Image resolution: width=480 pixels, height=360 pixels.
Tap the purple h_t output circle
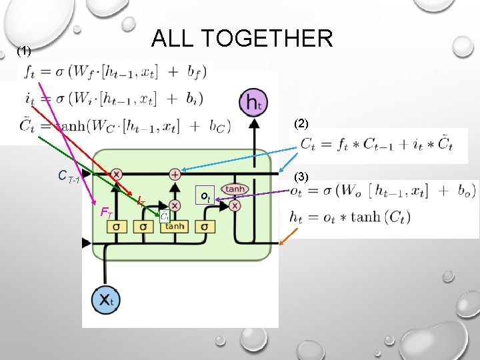[253, 103]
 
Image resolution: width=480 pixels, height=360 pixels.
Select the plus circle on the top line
[175, 174]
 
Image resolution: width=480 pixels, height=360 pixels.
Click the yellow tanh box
[174, 227]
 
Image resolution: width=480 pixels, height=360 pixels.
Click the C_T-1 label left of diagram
[69, 177]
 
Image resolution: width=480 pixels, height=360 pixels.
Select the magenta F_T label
[105, 213]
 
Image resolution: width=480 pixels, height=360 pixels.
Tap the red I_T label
[141, 201]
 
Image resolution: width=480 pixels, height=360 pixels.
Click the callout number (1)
[24, 51]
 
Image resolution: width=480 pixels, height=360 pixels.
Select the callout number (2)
[301, 123]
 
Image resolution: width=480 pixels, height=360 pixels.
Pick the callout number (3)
[301, 177]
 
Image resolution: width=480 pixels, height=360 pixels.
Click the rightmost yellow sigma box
[205, 227]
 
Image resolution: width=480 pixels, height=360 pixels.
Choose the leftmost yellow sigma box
[116, 227]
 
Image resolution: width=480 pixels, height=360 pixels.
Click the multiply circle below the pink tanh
[235, 206]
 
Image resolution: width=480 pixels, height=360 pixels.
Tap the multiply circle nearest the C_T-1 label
[116, 174]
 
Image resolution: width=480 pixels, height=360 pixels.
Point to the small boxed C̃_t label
[163, 215]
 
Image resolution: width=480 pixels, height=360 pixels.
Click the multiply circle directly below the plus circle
[175, 205]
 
